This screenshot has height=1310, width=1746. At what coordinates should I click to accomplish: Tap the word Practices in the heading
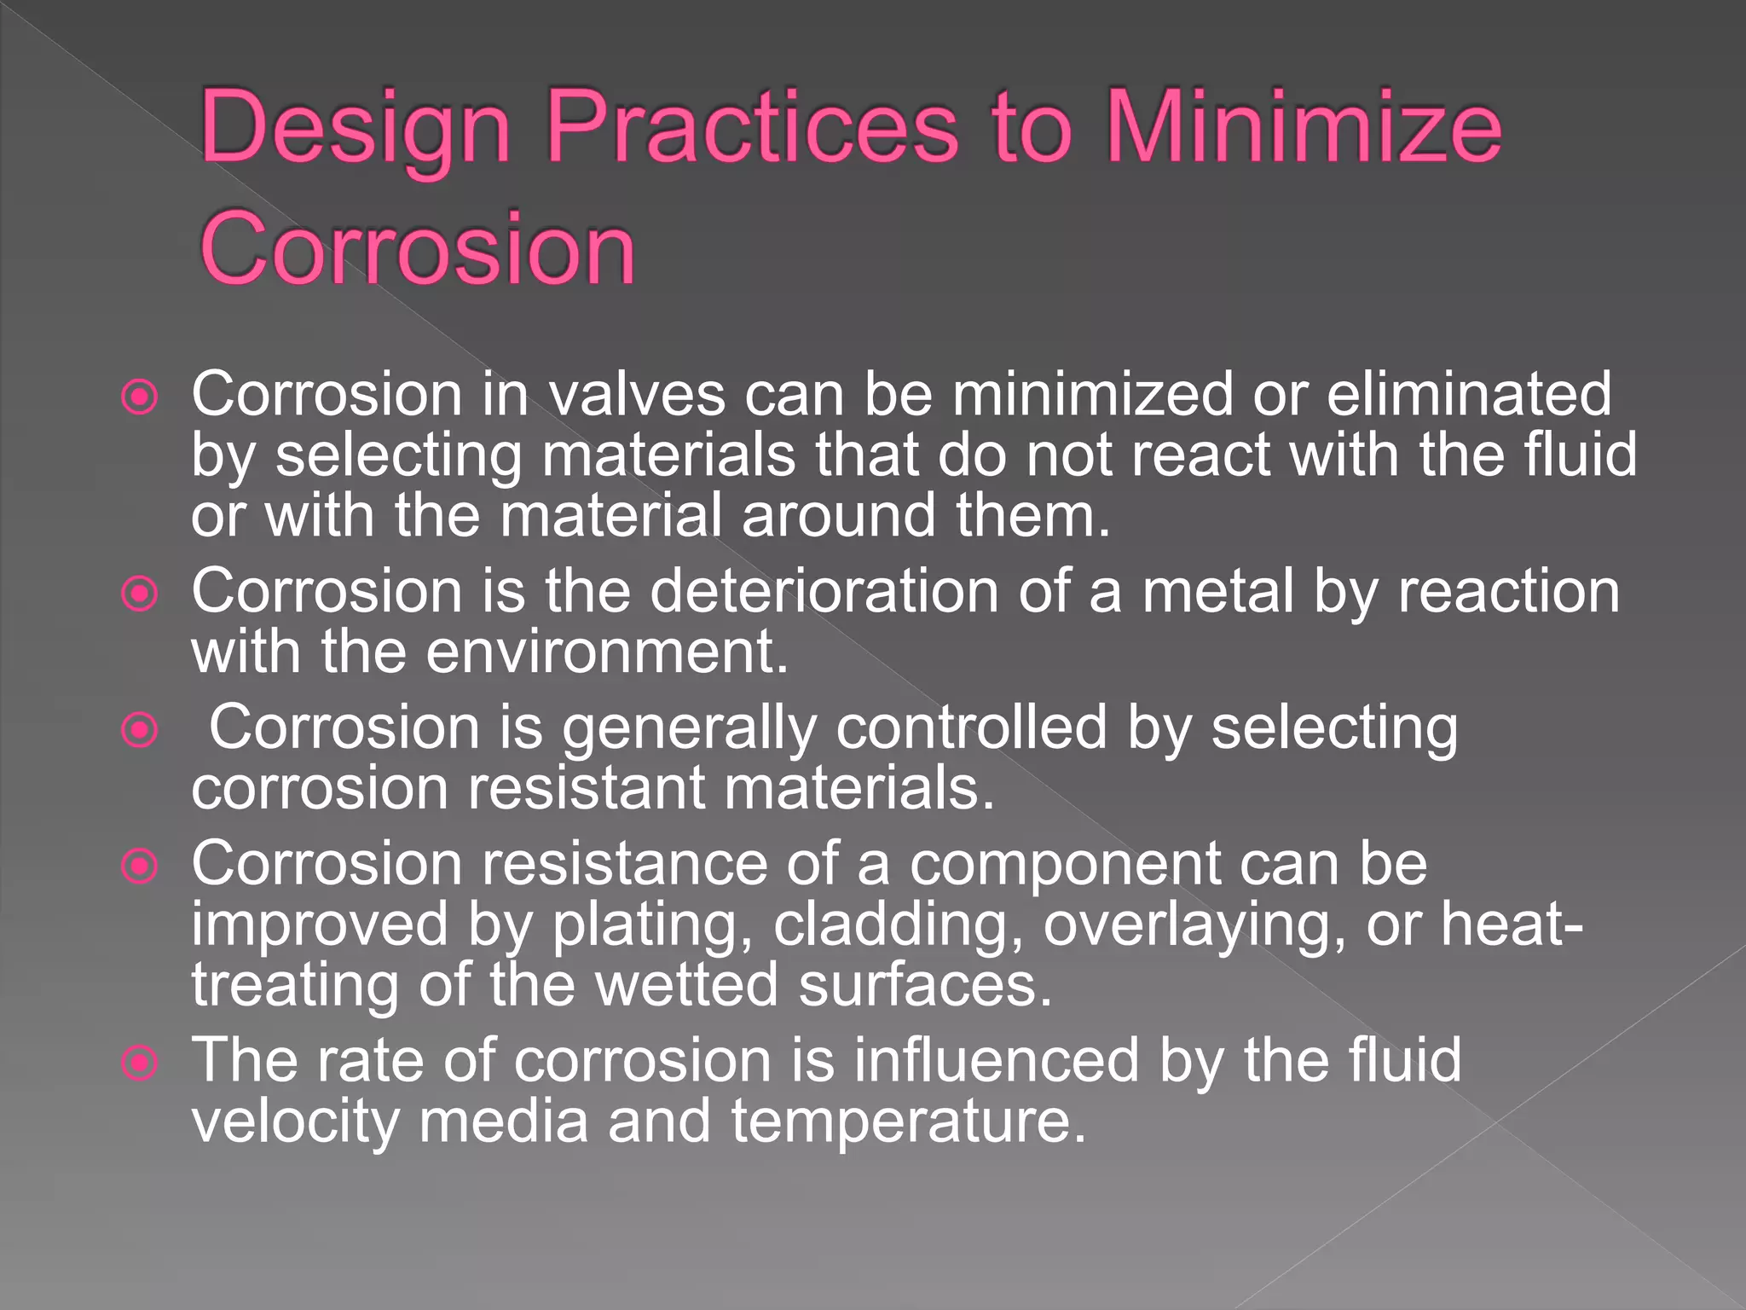(751, 128)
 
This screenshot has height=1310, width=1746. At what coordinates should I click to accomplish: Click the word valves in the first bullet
(636, 395)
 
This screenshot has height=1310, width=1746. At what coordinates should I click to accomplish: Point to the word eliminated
(1468, 395)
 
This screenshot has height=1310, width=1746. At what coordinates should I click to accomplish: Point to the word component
(1065, 864)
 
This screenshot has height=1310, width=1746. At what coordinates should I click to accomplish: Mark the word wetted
(686, 984)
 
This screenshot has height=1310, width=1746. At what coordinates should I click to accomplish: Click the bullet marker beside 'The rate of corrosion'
(140, 1063)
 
